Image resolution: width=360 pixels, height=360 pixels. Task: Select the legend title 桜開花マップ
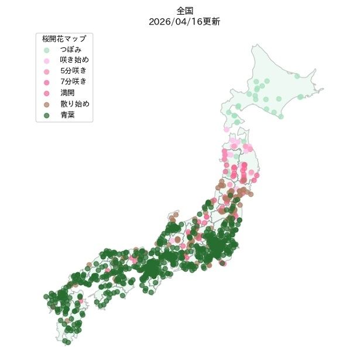pyautogui.click(x=64, y=39)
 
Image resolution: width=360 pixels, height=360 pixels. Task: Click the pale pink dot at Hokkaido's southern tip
pyautogui.click(x=227, y=129)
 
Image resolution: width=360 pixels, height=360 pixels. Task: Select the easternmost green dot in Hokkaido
pyautogui.click(x=300, y=97)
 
